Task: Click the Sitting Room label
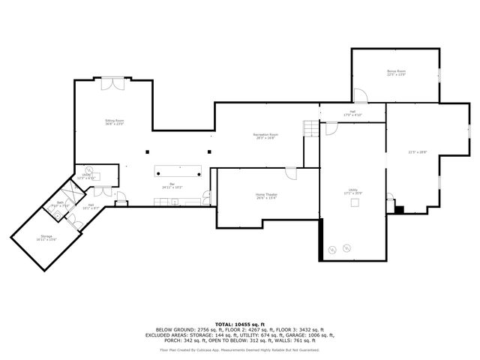coord(114,120)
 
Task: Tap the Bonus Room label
coord(396,72)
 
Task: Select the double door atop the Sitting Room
coord(112,82)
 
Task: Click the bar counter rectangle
coord(178,170)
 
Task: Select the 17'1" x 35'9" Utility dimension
coord(352,194)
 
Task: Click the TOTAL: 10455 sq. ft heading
coord(239,324)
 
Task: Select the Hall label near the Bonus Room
coord(352,111)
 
